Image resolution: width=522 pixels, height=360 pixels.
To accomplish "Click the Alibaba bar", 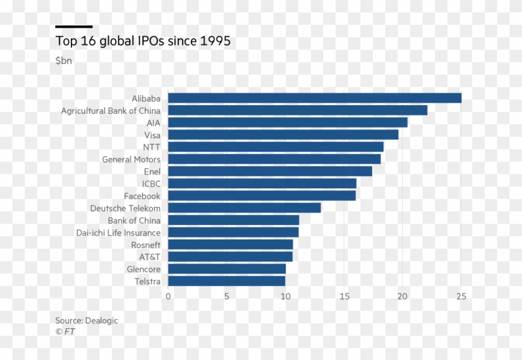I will tap(314, 98).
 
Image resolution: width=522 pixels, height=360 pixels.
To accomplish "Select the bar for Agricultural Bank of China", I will tap(298, 110).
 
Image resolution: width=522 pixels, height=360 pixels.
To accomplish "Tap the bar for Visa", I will tap(283, 135).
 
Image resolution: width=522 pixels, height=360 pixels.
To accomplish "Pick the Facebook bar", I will tap(262, 196).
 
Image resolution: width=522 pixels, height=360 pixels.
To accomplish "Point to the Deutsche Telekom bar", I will tap(244, 208).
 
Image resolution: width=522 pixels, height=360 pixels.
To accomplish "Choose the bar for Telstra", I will tap(226, 281).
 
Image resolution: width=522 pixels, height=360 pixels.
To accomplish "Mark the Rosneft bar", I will tap(230, 244).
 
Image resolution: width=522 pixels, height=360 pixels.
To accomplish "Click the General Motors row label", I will tap(131, 159).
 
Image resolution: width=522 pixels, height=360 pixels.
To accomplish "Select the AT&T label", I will tap(150, 257).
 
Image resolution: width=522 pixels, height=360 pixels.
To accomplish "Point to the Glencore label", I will tap(144, 269).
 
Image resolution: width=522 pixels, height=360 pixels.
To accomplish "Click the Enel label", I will tap(152, 172).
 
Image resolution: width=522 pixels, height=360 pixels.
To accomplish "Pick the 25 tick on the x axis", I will tap(461, 297).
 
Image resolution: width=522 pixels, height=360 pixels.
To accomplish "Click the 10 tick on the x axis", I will tap(285, 297).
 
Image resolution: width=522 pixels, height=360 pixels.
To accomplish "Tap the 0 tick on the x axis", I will tap(168, 297).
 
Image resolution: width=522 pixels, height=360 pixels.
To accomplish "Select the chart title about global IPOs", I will tap(143, 42).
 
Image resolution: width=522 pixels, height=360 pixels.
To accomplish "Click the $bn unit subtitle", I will tap(63, 61).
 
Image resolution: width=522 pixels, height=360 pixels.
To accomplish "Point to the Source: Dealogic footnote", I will tap(86, 321).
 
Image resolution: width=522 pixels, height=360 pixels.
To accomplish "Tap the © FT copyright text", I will tap(65, 332).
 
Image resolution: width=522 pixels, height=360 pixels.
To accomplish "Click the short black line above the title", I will tap(73, 27).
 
